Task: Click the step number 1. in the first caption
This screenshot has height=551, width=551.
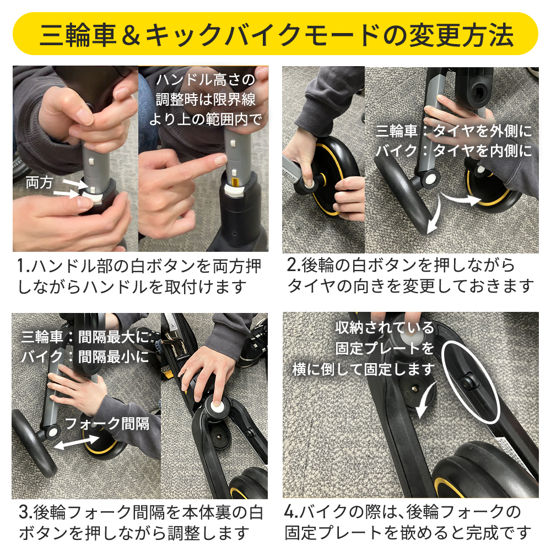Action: click(24, 267)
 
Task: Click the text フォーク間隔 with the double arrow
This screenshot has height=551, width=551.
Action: click(107, 424)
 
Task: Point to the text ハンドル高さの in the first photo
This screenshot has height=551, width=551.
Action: click(206, 80)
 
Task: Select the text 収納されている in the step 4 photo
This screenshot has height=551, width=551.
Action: click(385, 328)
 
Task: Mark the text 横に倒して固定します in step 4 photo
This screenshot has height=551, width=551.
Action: click(364, 369)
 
